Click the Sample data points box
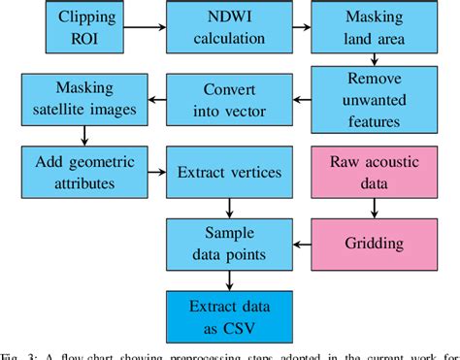[x=228, y=243]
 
